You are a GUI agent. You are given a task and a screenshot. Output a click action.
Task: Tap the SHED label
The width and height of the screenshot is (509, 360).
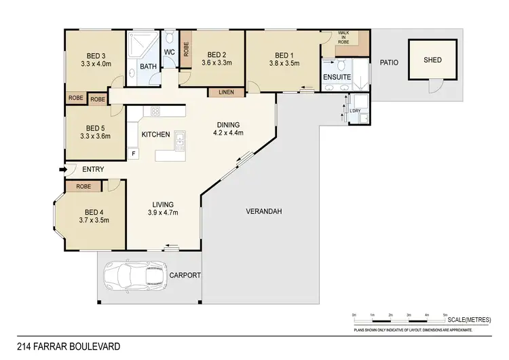click(x=432, y=60)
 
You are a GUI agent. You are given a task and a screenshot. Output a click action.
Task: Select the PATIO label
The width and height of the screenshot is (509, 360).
click(x=388, y=62)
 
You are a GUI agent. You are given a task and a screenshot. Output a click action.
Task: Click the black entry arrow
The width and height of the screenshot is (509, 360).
click(x=64, y=169)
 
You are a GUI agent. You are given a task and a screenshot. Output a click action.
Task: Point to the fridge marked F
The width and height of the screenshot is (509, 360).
click(x=134, y=154)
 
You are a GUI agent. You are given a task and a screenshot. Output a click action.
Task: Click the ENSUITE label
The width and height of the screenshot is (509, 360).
click(x=337, y=77)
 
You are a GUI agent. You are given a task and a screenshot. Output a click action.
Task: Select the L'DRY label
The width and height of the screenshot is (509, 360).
click(x=355, y=111)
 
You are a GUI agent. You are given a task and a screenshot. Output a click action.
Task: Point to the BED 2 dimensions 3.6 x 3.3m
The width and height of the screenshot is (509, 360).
click(x=217, y=63)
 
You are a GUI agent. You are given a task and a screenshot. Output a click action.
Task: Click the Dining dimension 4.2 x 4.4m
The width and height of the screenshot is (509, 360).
click(x=227, y=133)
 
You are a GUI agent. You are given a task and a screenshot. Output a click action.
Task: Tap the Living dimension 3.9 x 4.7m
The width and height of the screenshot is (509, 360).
click(x=163, y=213)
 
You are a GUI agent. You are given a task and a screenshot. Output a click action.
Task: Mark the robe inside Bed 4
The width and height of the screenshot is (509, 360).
click(x=84, y=186)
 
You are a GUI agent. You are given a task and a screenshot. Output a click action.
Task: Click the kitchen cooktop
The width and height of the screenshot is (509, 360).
click(x=155, y=112)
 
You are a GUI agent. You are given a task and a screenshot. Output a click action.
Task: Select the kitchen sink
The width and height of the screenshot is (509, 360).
click(x=180, y=141)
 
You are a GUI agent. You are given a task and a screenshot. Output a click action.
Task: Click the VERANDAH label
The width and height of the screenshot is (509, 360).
click(x=263, y=211)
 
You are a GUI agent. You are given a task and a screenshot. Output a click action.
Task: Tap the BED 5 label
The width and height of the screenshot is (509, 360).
click(x=94, y=127)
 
